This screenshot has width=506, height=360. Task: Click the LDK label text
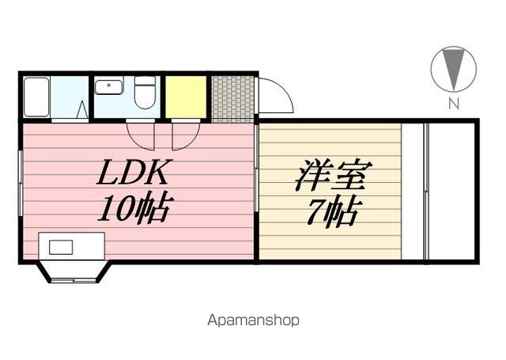(x=134, y=174)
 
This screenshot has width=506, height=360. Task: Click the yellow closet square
(x=187, y=97)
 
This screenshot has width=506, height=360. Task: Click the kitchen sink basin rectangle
(x=62, y=247)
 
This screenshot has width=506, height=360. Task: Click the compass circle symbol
(x=454, y=70)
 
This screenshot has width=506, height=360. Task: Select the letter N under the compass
(x=454, y=103)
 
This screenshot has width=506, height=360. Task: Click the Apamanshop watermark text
(x=253, y=321)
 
